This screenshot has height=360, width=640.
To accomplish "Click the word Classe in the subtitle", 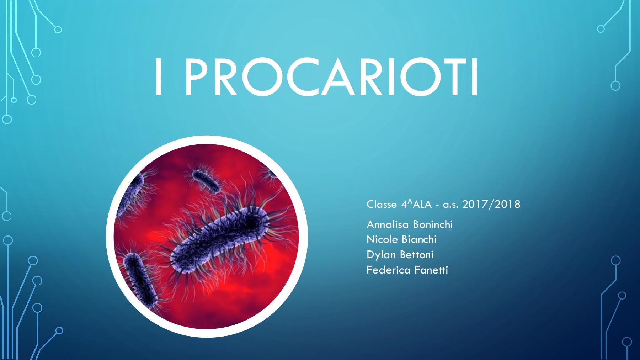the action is (382, 204).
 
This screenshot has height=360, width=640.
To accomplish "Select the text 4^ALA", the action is (416, 204).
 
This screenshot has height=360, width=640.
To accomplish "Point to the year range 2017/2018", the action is (491, 204).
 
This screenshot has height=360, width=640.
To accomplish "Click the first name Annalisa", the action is (388, 224).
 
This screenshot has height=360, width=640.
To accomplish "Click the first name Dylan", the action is (381, 255).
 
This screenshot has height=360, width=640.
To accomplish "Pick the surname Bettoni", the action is (417, 255).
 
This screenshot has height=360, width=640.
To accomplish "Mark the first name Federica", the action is (388, 270).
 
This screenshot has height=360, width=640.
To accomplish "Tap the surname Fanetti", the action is (431, 270).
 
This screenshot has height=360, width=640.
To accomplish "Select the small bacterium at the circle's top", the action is (206, 181).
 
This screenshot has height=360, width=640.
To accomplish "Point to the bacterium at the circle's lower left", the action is (140, 280).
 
